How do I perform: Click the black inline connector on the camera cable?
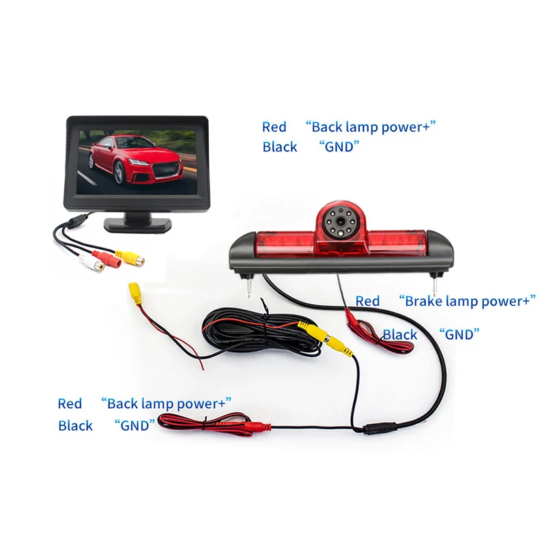tap(377, 429)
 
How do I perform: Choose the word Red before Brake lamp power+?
tap(367, 300)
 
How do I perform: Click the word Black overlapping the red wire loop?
tap(400, 334)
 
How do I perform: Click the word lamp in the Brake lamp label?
tap(466, 300)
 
